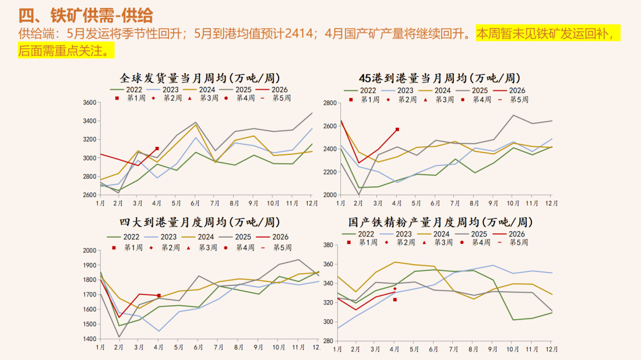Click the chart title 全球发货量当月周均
coord(200,77)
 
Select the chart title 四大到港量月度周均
coord(200,223)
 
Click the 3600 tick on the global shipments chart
coord(89,103)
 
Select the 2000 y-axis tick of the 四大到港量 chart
coord(89,250)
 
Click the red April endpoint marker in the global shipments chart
coord(157,149)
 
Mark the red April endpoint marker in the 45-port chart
coord(397,129)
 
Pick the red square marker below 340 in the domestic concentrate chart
coord(395,299)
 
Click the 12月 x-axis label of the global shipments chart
coord(312,203)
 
